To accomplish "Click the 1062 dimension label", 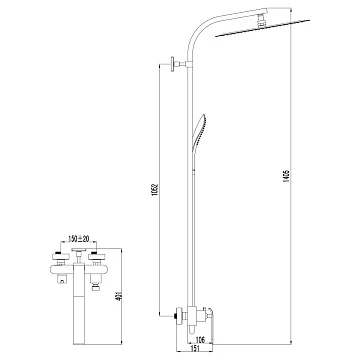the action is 155,189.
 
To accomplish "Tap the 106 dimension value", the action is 201,340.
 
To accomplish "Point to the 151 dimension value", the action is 195,348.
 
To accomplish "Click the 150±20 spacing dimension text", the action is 79,239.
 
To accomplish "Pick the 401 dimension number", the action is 118,295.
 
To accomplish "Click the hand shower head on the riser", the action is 199,132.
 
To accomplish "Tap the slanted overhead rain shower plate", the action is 263,28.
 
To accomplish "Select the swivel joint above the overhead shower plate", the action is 263,19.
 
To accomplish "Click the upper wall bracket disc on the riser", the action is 173,64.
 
